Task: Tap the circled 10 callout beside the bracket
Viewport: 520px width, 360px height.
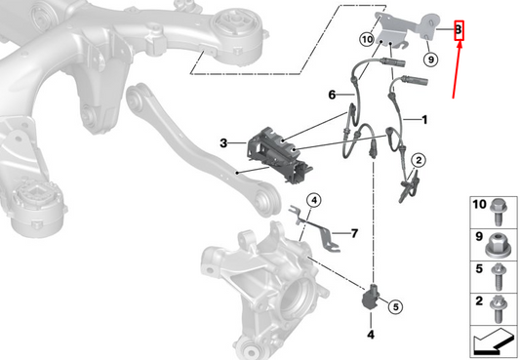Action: pyautogui.click(x=367, y=41)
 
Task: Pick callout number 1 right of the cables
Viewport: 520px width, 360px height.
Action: pyautogui.click(x=425, y=119)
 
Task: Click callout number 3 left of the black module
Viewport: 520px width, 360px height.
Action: pyautogui.click(x=223, y=143)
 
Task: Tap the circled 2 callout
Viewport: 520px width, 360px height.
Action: pyautogui.click(x=418, y=161)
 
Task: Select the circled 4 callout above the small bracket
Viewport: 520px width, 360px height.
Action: pyautogui.click(x=314, y=201)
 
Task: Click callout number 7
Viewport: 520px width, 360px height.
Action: pyautogui.click(x=354, y=233)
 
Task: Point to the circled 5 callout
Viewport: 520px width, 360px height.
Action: pyautogui.click(x=395, y=306)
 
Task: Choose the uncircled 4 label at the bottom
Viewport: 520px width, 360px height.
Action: pyautogui.click(x=371, y=336)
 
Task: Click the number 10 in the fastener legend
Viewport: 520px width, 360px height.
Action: pyautogui.click(x=478, y=207)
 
